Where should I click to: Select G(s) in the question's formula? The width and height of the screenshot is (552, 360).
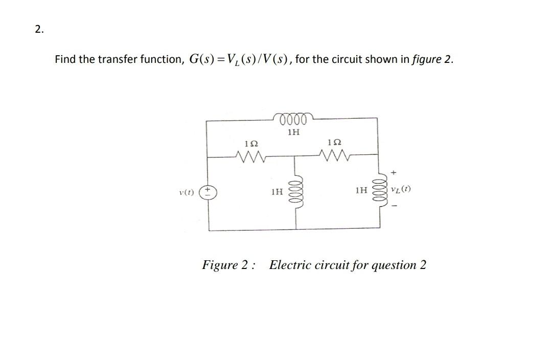pos(202,59)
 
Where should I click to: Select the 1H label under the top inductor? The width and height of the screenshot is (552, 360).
pos(293,132)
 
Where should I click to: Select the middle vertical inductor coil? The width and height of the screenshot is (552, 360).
pos(296,192)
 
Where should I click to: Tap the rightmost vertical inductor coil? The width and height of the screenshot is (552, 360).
pos(380,191)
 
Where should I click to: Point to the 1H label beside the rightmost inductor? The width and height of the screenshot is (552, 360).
pos(361,191)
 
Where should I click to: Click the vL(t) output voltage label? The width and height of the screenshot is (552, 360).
pos(400,190)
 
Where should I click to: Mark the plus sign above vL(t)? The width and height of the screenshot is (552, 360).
pos(395,173)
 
